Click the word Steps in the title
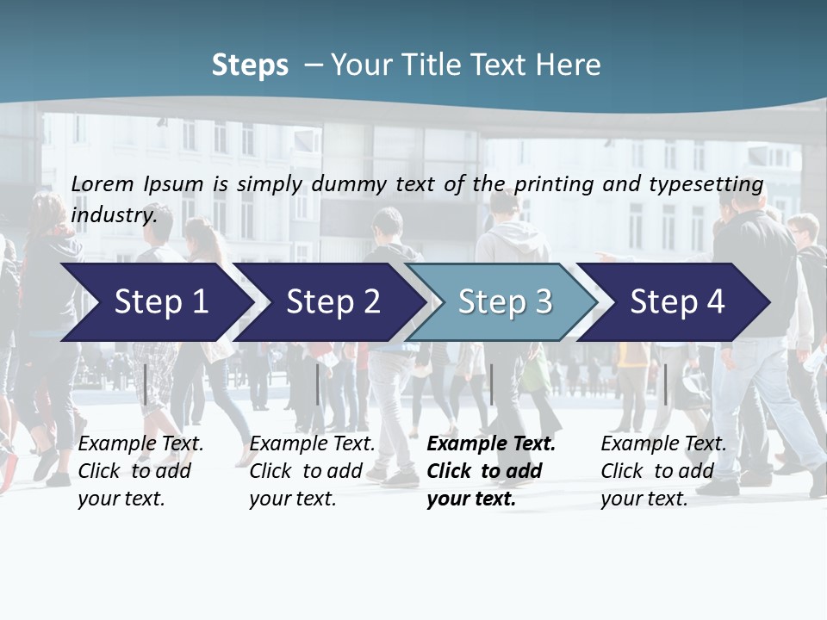pos(250,65)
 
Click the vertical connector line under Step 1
pos(146,384)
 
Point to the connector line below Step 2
pos(318,384)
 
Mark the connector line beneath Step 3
pos(492,384)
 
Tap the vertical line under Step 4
pos(665,384)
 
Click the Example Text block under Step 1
pos(140,471)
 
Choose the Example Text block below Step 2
pos(312,471)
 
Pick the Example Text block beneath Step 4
pos(662,471)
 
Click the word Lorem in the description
pos(103,183)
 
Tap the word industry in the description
pos(115,215)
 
